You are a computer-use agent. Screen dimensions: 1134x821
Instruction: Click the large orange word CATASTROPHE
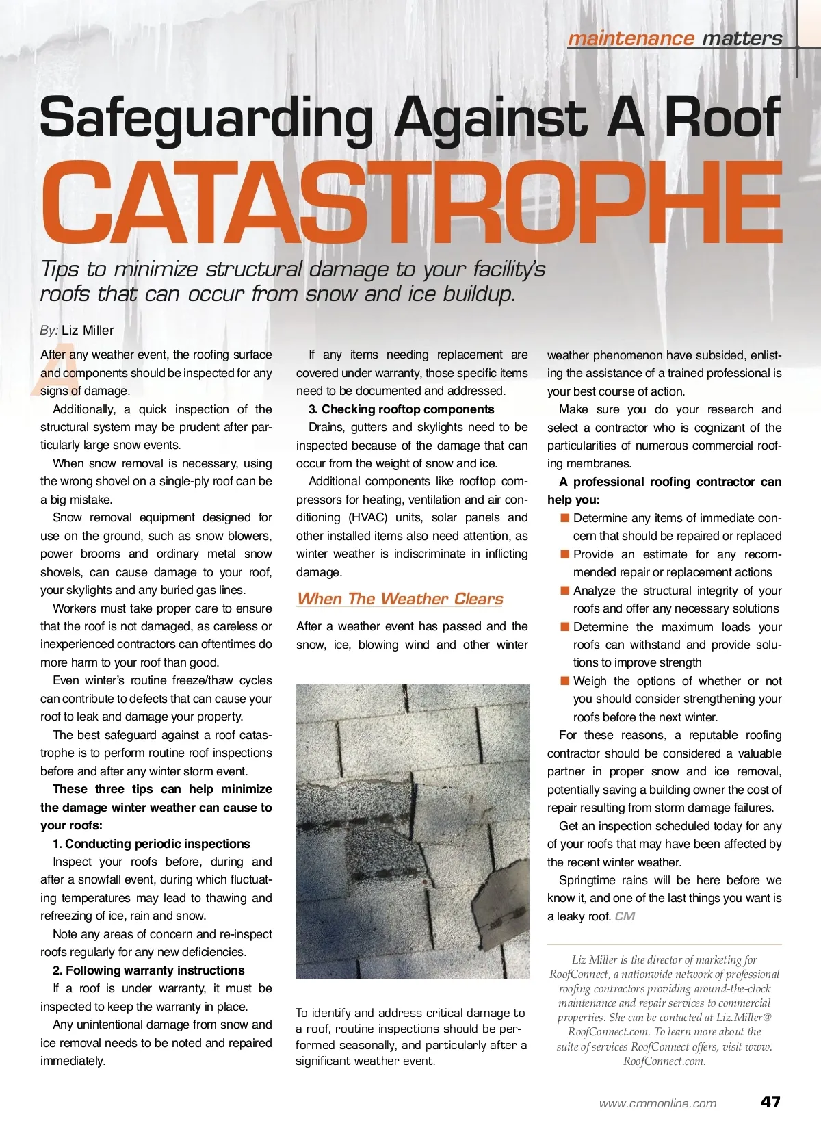(410, 202)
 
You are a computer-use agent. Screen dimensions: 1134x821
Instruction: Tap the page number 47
(770, 1102)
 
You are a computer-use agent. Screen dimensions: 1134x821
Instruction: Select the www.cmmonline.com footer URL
(657, 1103)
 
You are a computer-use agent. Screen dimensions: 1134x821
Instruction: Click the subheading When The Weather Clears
(400, 599)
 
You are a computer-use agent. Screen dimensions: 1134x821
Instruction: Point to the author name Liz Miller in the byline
(88, 330)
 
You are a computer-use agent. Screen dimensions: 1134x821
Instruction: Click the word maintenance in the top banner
(630, 38)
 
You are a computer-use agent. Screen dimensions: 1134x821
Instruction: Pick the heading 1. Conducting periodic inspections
(151, 844)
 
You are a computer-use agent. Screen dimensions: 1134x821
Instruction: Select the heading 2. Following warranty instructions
(148, 970)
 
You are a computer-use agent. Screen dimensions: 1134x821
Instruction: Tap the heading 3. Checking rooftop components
(401, 409)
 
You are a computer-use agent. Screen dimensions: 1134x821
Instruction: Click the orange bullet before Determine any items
(564, 518)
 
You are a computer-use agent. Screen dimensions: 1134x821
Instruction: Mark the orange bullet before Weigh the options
(564, 681)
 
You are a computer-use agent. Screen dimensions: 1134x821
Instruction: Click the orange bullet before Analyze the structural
(564, 591)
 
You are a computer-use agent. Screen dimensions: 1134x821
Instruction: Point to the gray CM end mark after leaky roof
(625, 916)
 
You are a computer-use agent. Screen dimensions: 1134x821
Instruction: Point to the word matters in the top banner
(742, 38)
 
